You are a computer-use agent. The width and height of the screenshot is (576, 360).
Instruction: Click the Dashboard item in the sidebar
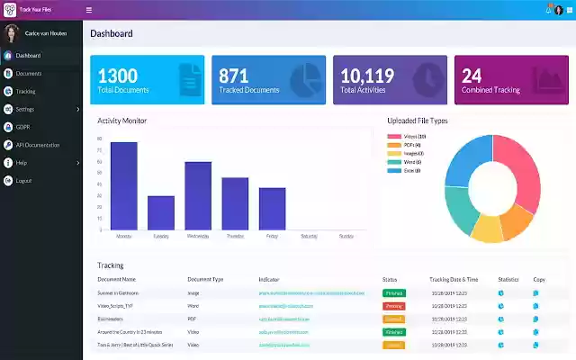[x=28, y=56]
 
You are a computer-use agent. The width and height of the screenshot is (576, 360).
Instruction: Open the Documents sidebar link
[x=29, y=73]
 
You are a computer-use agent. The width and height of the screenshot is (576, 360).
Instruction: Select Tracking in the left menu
[x=26, y=91]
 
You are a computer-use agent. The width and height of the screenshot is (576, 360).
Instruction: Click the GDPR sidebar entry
[x=23, y=127]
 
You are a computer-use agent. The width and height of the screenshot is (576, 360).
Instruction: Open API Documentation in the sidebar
[x=37, y=145]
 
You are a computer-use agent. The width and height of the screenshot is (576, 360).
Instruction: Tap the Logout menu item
[x=24, y=180]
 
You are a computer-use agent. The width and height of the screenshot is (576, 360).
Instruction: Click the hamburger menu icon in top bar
[x=88, y=10]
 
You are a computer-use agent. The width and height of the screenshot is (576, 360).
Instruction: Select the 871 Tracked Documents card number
[x=234, y=76]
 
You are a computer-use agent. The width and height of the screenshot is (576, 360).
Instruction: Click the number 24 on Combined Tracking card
[x=472, y=76]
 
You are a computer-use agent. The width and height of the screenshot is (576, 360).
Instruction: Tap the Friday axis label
[x=272, y=236]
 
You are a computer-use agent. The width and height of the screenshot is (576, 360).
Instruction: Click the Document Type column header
[x=205, y=280]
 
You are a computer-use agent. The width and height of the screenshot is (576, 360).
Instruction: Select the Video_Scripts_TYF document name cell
[x=116, y=306]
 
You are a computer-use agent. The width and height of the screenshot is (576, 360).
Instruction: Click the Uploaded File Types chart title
[x=417, y=121]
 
